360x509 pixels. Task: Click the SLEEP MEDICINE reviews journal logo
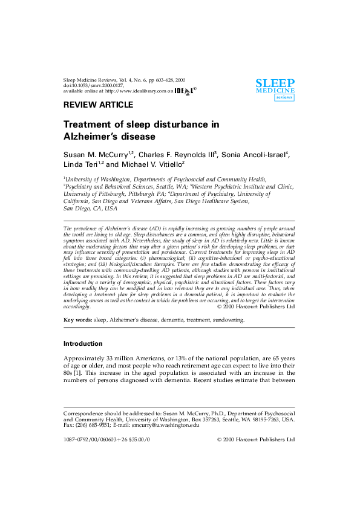coord(275,90)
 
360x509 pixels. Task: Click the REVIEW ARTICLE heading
coord(99,105)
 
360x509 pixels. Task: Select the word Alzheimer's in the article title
coord(91,137)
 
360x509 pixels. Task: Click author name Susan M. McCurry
coord(96,155)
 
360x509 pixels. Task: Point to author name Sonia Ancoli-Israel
coord(254,155)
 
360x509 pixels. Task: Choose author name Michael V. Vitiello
coord(152,164)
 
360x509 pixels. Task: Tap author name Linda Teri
coord(80,164)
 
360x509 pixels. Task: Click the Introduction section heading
coord(83,343)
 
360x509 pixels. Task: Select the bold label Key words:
coord(77,320)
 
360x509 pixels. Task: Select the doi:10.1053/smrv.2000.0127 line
coord(94,86)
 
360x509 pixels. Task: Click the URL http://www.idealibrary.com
coord(136,91)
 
